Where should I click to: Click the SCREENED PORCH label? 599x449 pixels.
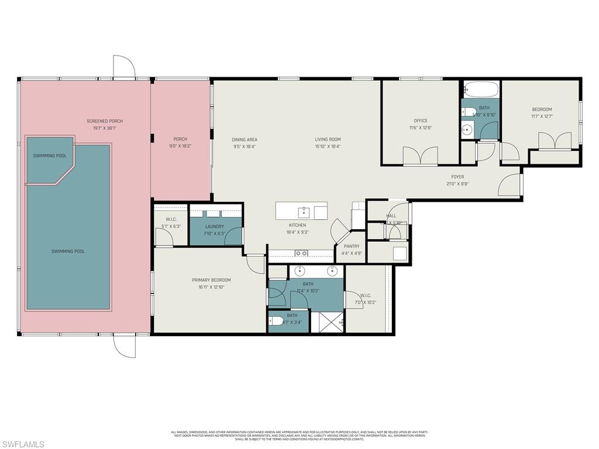[105, 121]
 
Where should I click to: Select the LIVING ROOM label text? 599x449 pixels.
[328, 139]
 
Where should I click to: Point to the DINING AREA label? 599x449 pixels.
[244, 140]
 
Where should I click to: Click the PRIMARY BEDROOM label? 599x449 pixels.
[211, 280]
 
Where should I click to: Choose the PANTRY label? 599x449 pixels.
[352, 246]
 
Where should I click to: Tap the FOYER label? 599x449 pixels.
[457, 177]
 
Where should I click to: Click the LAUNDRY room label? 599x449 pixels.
[215, 226]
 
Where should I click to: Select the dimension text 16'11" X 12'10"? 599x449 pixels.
[211, 287]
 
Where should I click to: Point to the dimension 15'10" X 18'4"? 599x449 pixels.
[328, 146]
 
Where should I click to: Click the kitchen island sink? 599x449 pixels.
[304, 211]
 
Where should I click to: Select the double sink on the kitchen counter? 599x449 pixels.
[301, 253]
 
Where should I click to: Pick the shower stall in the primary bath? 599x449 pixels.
[327, 322]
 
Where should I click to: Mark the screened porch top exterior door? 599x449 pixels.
[124, 67]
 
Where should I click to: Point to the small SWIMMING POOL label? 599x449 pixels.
[49, 156]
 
